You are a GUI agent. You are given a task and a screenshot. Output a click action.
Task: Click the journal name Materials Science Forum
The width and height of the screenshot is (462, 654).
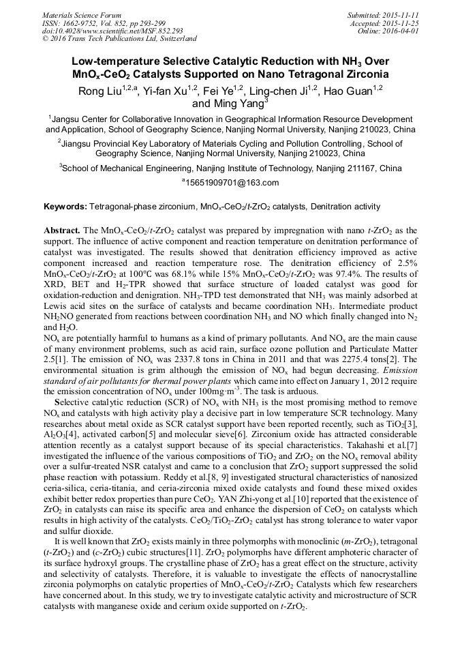(x=82, y=14)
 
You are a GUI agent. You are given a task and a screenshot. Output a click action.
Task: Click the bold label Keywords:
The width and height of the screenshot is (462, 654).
(x=65, y=206)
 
